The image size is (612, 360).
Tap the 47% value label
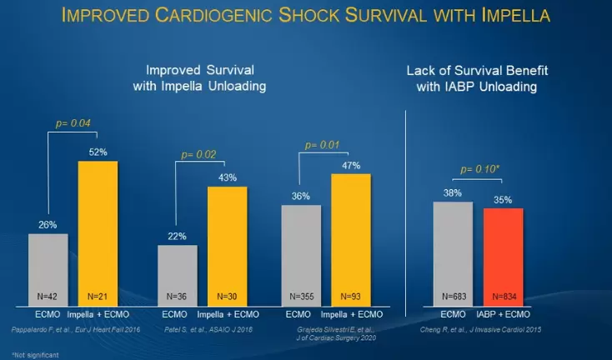350,165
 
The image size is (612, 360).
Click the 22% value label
178,237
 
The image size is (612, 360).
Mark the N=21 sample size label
98,295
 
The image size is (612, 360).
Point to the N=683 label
453,295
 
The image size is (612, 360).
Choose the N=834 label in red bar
503,295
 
